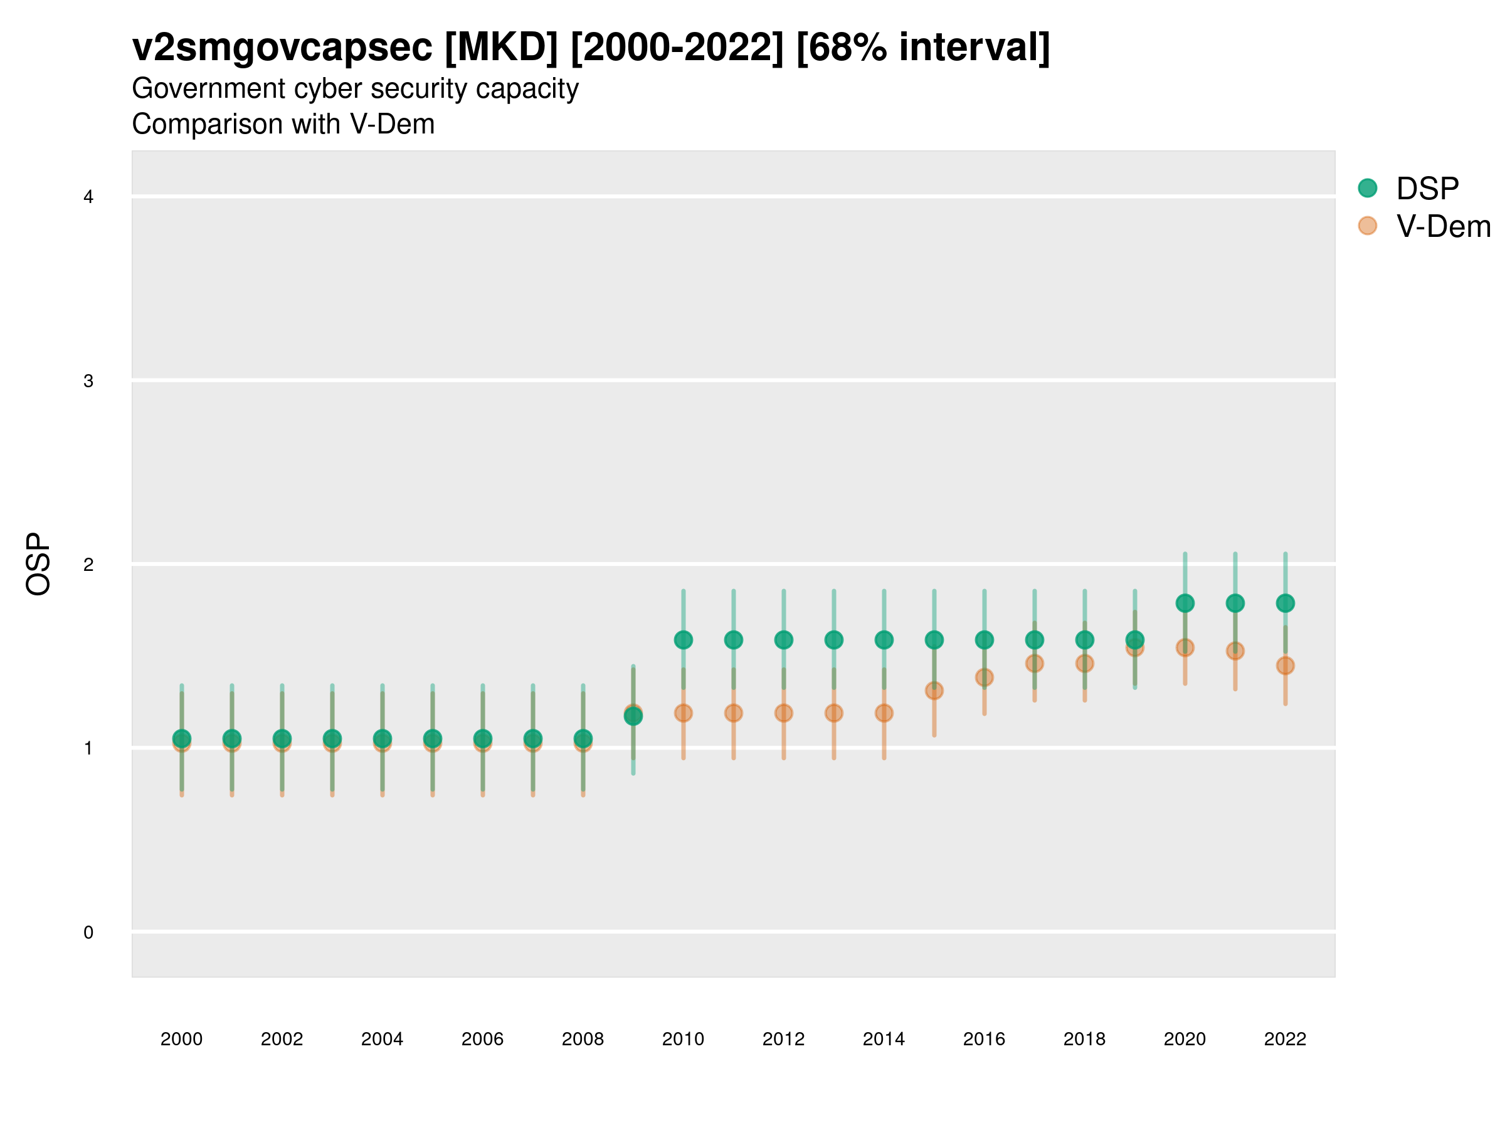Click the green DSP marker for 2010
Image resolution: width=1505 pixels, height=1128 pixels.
point(683,640)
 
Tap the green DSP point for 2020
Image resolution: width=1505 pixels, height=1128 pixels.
point(1185,603)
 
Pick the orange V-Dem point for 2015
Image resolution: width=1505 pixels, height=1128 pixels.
point(934,691)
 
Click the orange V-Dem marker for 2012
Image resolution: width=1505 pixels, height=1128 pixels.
point(784,713)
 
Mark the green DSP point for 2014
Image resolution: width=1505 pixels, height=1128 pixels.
point(884,640)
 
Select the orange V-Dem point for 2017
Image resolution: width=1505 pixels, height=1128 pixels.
point(1034,664)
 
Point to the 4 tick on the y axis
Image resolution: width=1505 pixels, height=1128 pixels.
point(88,197)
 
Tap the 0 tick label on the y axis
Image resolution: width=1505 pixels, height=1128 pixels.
point(88,932)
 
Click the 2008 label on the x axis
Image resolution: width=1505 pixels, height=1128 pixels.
point(583,1039)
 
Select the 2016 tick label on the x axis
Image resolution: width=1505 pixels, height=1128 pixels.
point(984,1039)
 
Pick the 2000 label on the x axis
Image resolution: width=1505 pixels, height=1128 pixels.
point(182,1039)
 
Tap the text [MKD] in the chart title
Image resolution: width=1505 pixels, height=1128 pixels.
point(501,47)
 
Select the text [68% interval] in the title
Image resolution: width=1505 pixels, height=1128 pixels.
point(922,47)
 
